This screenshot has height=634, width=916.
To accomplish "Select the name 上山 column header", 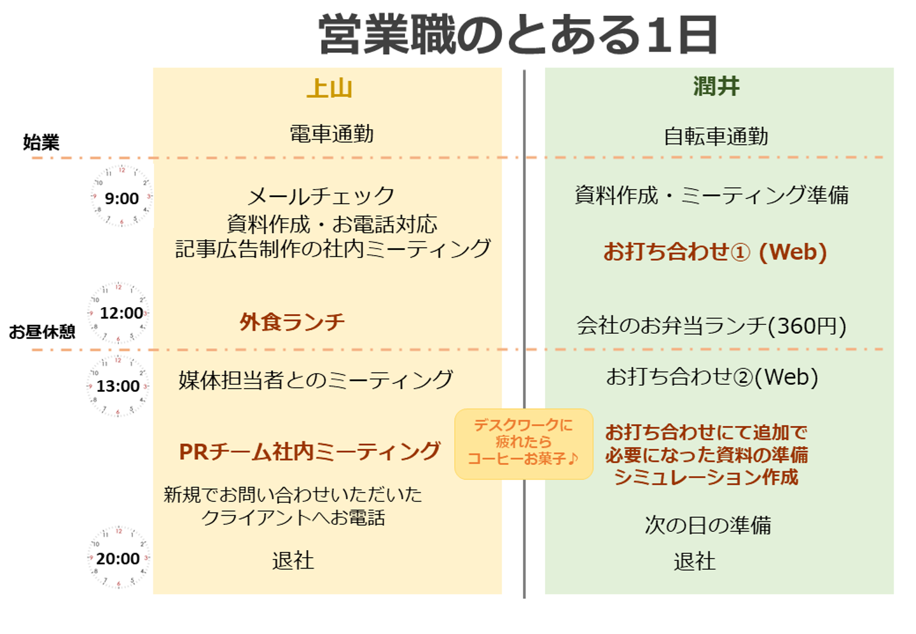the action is (330, 88).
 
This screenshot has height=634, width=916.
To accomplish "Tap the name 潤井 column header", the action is (716, 86).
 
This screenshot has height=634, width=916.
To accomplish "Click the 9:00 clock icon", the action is (121, 196).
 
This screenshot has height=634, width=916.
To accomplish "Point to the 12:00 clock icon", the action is (118, 312).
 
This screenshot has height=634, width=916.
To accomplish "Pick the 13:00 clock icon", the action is (118, 385).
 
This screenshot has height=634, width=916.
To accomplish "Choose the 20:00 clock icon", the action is (118, 558).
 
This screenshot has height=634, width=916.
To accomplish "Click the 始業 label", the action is (41, 142).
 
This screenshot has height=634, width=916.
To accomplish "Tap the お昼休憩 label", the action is (42, 331).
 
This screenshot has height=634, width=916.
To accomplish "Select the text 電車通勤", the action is (331, 134).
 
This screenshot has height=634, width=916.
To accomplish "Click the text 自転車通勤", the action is (716, 136).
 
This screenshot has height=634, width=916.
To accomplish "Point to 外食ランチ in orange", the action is (292, 322).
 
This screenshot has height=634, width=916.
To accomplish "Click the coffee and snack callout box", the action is (524, 444).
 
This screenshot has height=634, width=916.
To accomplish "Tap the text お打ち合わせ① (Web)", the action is (715, 251).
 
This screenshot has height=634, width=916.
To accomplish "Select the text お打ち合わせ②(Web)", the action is (712, 376).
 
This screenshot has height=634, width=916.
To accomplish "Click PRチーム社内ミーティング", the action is (310, 451).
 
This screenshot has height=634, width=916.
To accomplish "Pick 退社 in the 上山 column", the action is (293, 560).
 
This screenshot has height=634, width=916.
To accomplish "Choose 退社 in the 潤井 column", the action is (695, 562).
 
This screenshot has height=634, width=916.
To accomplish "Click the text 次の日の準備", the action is (708, 525).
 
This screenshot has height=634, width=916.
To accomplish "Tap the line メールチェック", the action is (321, 195).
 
